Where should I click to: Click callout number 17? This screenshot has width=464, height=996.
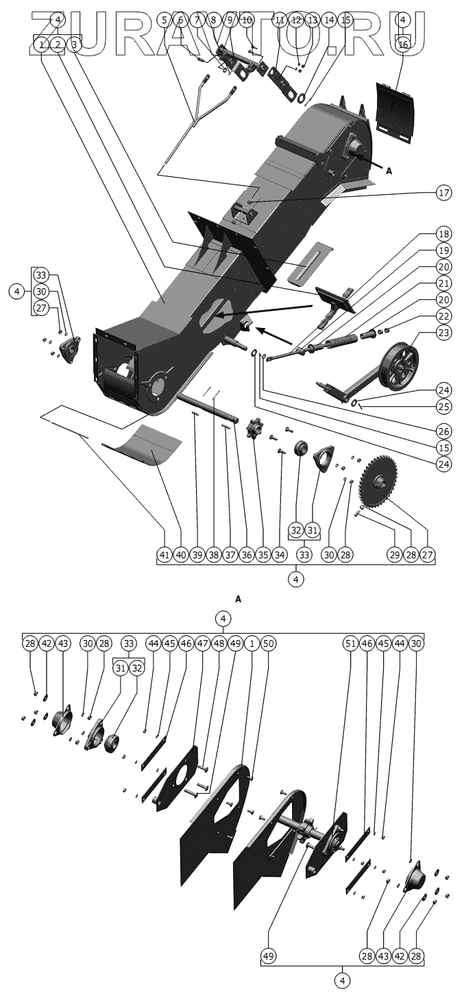443,193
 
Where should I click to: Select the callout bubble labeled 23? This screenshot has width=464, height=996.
443,333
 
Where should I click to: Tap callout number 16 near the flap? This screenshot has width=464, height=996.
403,45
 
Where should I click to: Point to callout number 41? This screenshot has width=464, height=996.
164,554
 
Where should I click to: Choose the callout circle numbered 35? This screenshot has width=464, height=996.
263,554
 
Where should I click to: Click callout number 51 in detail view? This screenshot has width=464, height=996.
351,643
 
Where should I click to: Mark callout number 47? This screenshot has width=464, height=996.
203,643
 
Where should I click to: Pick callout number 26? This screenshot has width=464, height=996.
443,431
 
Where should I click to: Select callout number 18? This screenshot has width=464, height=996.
443,234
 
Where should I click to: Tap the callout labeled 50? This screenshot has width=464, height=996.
267,643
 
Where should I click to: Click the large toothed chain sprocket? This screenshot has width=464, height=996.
380,482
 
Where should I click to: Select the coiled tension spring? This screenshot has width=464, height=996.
339,342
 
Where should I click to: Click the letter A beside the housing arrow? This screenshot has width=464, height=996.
389,171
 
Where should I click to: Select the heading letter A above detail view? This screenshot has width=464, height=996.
239,600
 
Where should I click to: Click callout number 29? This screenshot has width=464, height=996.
395,554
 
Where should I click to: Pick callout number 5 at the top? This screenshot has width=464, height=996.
164,20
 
